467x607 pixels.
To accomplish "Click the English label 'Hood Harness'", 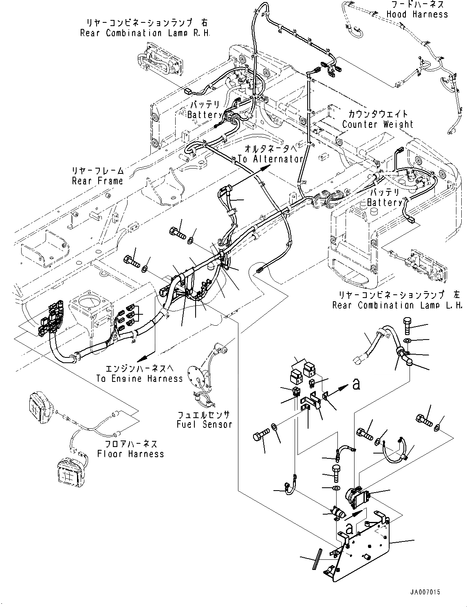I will click(417, 15).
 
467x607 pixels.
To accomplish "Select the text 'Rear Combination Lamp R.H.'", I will click(145, 33).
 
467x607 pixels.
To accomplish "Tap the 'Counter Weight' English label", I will click(378, 125).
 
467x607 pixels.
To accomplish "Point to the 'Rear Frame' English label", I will click(97, 181).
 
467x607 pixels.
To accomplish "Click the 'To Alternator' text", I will click(271, 159).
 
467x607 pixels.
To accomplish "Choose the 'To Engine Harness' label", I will click(139, 379).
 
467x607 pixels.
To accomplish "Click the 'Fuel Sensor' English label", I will click(204, 425).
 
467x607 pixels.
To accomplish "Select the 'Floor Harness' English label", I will click(130, 454).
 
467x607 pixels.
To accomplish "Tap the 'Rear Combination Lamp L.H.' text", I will click(397, 305).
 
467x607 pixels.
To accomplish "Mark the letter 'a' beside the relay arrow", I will click(356, 384).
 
